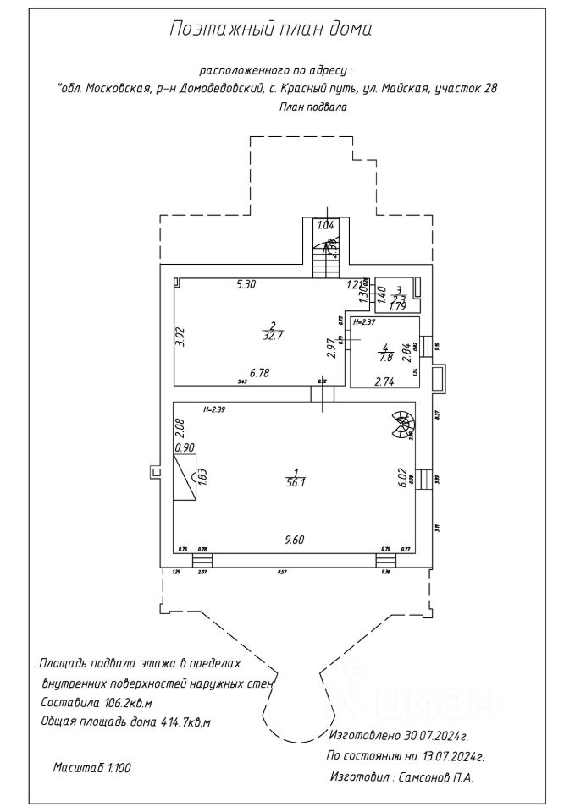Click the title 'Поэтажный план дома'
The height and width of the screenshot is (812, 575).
(x=271, y=30)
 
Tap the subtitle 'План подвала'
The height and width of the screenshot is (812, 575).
(x=312, y=107)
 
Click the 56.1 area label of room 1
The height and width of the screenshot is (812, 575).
(x=296, y=481)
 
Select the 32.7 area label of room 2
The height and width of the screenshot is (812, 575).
(x=273, y=335)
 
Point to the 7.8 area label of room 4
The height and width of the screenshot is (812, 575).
(x=387, y=356)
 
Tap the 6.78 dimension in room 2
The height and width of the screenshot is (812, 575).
(x=259, y=371)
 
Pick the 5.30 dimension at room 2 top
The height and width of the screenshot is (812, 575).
(x=246, y=284)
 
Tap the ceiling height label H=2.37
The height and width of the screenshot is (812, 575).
(x=364, y=322)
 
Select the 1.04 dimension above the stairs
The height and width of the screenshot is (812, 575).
(x=324, y=225)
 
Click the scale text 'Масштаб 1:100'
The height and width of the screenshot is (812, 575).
(x=92, y=767)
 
